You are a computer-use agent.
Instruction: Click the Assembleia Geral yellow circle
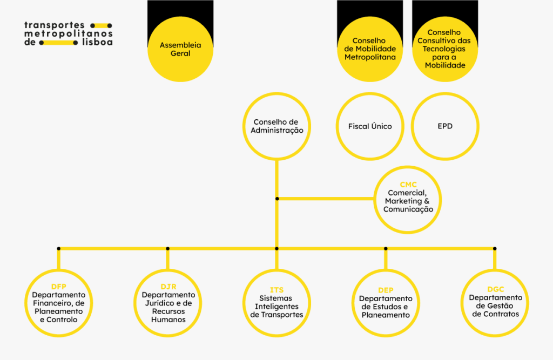coord(180,49)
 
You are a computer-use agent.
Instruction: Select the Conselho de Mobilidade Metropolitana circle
coord(370,49)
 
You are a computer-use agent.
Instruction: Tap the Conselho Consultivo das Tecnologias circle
coord(445,49)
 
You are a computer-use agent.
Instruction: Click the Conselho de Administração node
coord(277,126)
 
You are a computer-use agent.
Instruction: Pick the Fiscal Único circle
coord(370,126)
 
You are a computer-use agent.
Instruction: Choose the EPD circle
coord(445,126)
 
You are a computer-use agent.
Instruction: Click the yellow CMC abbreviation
coord(408,185)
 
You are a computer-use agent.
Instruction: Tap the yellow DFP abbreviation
coord(58,287)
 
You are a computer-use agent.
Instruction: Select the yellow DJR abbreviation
coord(168,287)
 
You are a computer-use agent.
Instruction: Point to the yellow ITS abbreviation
coord(276,290)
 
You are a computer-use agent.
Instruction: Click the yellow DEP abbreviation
coord(386,290)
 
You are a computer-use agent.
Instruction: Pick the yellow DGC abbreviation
coord(496,289)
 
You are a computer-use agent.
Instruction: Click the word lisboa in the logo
coord(97,42)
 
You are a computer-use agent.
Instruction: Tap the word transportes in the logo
coord(55,25)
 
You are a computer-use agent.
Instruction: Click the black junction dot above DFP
coord(58,249)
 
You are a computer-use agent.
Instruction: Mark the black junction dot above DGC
coord(495,249)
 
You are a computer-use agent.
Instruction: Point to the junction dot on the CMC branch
coord(277,199)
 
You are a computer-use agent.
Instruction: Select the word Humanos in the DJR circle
coord(168,320)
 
